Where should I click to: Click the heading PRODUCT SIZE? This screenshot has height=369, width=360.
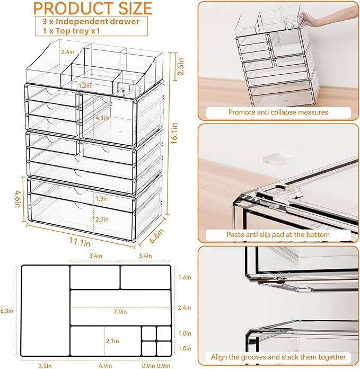coord(93,8)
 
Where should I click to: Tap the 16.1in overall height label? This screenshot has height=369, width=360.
coord(174,134)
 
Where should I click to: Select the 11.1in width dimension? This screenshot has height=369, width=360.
coord(80,242)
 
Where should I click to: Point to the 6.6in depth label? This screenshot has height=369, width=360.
coord(156,236)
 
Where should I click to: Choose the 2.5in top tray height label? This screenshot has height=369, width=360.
coord(180,67)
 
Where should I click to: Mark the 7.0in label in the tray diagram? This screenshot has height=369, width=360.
coord(120,312)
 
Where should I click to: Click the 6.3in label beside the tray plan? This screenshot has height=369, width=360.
coord(7,311)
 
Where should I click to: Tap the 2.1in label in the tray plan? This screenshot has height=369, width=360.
coord(112,341)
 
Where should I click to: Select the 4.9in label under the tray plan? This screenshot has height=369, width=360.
coord(105,366)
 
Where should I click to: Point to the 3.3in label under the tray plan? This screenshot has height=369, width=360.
coord(45,366)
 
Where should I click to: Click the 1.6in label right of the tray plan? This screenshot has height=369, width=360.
coord(185,277)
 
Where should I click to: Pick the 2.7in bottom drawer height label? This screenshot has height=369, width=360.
coord(102,219)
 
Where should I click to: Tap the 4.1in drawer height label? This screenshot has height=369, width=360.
coord(102,117)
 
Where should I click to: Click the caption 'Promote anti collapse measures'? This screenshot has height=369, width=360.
coord(278,112)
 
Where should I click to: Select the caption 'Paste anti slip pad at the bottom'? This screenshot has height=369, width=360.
coord(278,235)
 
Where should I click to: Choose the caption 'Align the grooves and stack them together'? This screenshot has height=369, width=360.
coord(278,357)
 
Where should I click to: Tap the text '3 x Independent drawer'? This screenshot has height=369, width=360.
coord(91,22)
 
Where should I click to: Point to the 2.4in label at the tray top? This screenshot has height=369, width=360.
coord(68,52)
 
